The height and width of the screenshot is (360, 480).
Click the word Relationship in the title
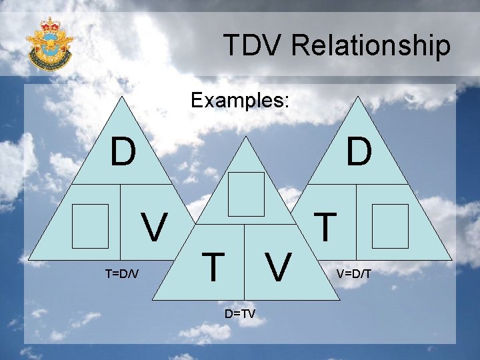coord(371,46)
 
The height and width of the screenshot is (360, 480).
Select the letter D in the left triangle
coord(123,152)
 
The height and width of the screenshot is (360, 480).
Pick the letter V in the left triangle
coord(155,229)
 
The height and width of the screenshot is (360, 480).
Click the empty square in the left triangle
coord(90,226)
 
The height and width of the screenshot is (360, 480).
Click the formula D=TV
coord(239,313)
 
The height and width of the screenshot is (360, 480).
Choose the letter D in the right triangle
coord(359,152)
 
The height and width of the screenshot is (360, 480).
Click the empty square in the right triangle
coord(390,226)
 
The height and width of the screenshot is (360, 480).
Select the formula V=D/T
coord(354,274)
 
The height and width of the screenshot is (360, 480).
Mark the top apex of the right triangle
coord(358,97)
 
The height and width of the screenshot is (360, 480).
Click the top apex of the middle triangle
coord(247,137)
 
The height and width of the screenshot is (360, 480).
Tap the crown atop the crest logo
coord(50,25)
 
